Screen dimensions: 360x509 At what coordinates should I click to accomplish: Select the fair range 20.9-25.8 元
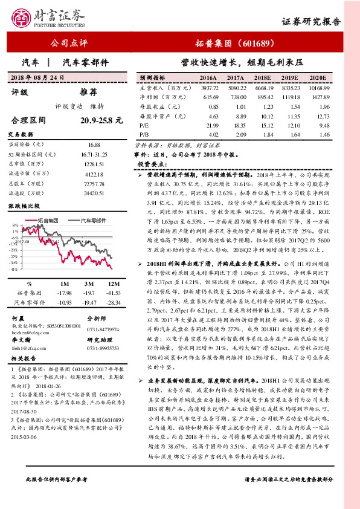click(x=101, y=121)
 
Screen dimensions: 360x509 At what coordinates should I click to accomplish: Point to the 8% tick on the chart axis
click(x=15, y=230)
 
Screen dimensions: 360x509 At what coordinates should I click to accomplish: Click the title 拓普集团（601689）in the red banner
click(x=244, y=44)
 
